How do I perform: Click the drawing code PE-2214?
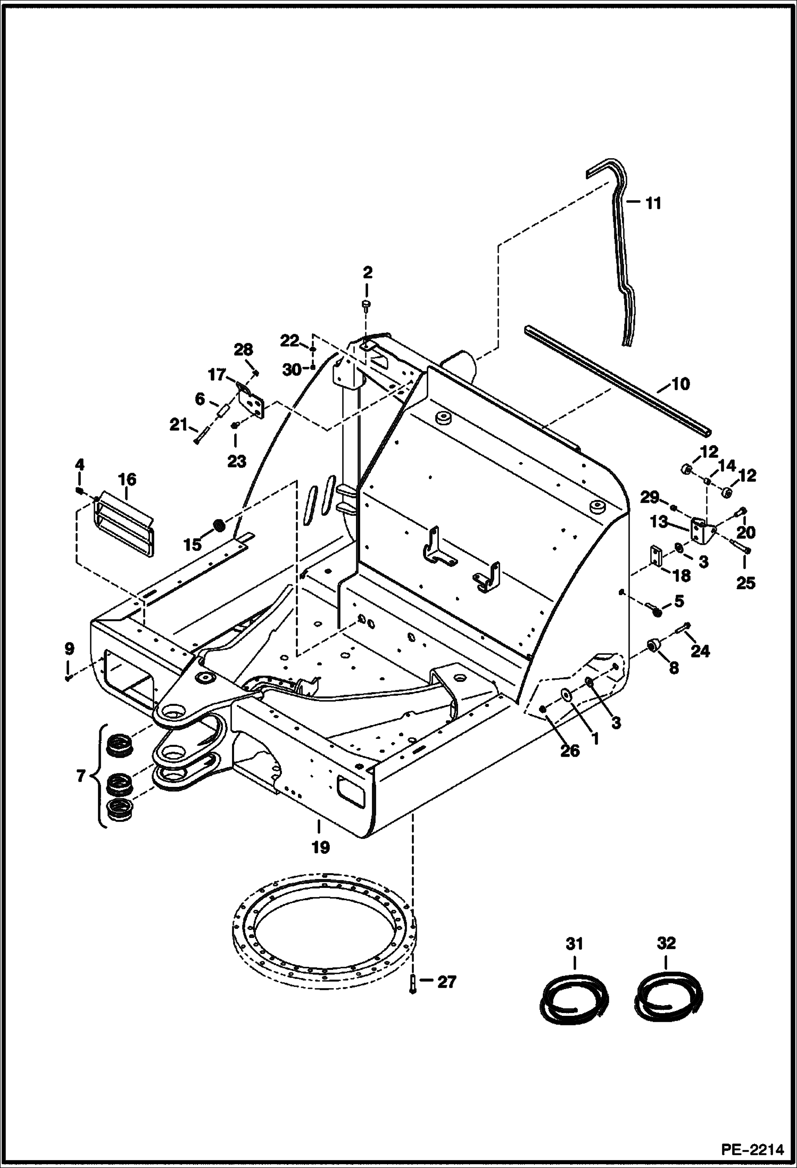pyautogui.click(x=752, y=1149)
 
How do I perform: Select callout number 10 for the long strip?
pyautogui.click(x=680, y=384)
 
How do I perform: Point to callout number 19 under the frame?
pyautogui.click(x=321, y=847)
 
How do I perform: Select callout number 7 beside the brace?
pyautogui.click(x=80, y=776)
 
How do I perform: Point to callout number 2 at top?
pyautogui.click(x=367, y=273)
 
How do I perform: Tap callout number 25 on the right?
pyautogui.click(x=745, y=582)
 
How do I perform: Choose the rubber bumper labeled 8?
pyautogui.click(x=653, y=646)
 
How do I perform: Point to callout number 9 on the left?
pyautogui.click(x=69, y=649)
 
